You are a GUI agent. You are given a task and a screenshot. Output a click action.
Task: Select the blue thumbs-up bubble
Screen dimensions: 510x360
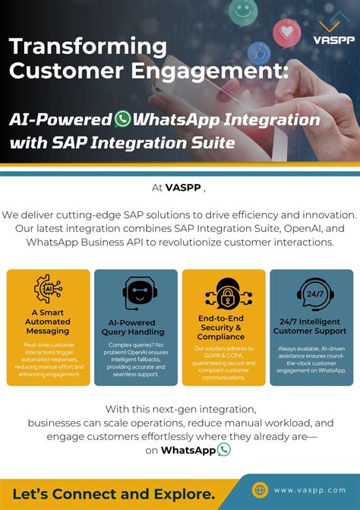[x=259, y=53]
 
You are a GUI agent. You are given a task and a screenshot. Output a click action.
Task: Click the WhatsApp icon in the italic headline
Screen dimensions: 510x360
[x=122, y=119]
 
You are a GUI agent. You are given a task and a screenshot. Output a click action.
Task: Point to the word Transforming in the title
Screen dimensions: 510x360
[x=88, y=46]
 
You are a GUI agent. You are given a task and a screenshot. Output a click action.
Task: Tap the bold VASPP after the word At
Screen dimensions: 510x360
[x=183, y=188]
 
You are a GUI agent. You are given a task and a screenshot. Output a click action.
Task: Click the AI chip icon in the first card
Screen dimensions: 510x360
[x=47, y=289]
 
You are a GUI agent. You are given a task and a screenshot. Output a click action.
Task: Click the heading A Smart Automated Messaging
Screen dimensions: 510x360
[x=47, y=322]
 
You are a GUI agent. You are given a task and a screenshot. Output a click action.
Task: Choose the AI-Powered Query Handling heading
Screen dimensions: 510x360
[x=135, y=327]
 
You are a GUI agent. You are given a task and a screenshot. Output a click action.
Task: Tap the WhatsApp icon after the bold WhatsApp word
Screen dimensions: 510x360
[x=223, y=449]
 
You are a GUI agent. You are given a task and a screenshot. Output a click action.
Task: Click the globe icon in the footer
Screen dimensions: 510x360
[x=261, y=490]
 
